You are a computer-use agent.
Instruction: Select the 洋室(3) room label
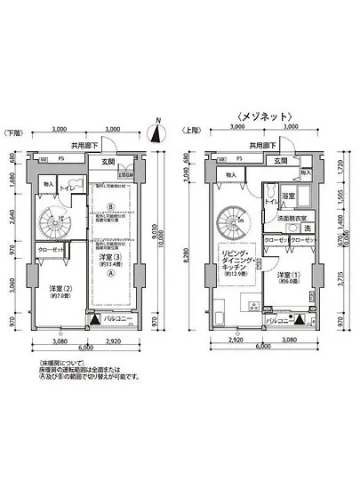(x=110, y=259)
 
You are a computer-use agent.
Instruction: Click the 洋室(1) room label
(x=289, y=277)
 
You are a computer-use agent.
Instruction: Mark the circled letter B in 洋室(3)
(x=110, y=208)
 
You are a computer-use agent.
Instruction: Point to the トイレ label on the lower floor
(x=66, y=188)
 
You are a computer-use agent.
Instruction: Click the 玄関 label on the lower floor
(x=108, y=161)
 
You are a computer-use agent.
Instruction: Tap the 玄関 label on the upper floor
(x=281, y=161)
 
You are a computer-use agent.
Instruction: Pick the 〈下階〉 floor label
(x=14, y=132)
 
